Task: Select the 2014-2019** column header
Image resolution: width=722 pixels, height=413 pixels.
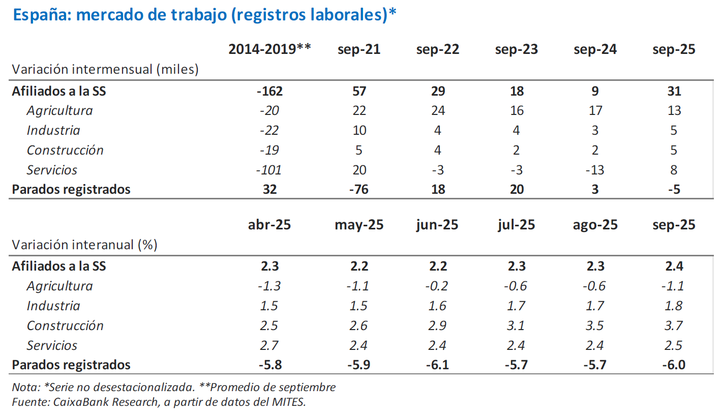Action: pyautogui.click(x=269, y=49)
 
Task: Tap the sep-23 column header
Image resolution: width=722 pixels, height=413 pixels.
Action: pyautogui.click(x=516, y=49)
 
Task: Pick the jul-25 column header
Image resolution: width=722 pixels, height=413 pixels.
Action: pyautogui.click(x=516, y=225)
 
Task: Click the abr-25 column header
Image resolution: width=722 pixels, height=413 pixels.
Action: pyautogui.click(x=269, y=225)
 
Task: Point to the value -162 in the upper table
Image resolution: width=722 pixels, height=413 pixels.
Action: pyautogui.click(x=269, y=92)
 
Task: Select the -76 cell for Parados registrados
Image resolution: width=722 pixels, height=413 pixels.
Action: pyautogui.click(x=358, y=190)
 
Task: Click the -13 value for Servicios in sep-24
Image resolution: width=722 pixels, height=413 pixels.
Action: pyautogui.click(x=595, y=170)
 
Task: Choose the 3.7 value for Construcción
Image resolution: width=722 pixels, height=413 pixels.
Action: pyautogui.click(x=674, y=326)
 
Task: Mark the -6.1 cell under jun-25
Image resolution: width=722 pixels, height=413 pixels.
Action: pyautogui.click(x=437, y=365)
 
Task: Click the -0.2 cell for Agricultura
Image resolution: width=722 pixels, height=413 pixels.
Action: pyautogui.click(x=437, y=286)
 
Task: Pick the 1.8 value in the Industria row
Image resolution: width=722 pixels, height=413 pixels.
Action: pyautogui.click(x=674, y=306)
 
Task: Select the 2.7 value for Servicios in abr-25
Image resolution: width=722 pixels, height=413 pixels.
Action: pyautogui.click(x=269, y=345)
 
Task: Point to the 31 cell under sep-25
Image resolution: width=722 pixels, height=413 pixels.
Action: pyautogui.click(x=674, y=92)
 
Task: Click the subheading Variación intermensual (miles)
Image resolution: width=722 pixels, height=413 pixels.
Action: pyautogui.click(x=105, y=69)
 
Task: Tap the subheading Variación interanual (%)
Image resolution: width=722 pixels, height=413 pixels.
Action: pyautogui.click(x=84, y=245)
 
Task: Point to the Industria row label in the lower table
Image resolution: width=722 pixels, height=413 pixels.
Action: pyautogui.click(x=53, y=306)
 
